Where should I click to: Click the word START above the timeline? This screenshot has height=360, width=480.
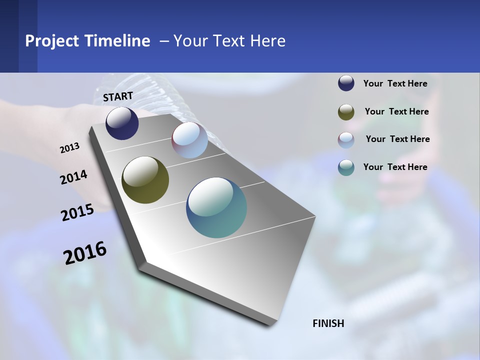[x=118, y=96]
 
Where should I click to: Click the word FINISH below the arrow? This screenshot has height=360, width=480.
[x=328, y=323]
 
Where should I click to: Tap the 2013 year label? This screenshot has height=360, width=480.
[x=69, y=147]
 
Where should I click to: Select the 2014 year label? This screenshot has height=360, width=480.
[x=73, y=177]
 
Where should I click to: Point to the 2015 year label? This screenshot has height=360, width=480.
[x=77, y=212]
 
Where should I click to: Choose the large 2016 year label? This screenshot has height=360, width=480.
[x=85, y=253]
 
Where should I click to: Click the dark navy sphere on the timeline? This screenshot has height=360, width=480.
[x=122, y=123]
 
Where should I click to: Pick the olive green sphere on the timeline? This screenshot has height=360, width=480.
[x=145, y=180]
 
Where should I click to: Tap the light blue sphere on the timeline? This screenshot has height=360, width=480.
[x=189, y=140]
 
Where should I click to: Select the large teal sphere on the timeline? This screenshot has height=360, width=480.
[x=216, y=207]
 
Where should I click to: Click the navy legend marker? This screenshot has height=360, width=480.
[x=346, y=83]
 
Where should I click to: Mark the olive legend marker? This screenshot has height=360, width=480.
[x=346, y=112]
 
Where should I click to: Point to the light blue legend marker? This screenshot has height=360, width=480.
[x=346, y=140]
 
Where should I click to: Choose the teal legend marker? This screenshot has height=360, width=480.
[x=346, y=167]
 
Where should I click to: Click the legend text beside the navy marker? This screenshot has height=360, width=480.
[x=395, y=83]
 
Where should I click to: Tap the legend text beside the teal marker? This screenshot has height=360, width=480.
[x=395, y=167]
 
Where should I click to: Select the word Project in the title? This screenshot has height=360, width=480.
[x=52, y=41]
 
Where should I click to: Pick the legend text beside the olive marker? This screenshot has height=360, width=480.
[x=396, y=111]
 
